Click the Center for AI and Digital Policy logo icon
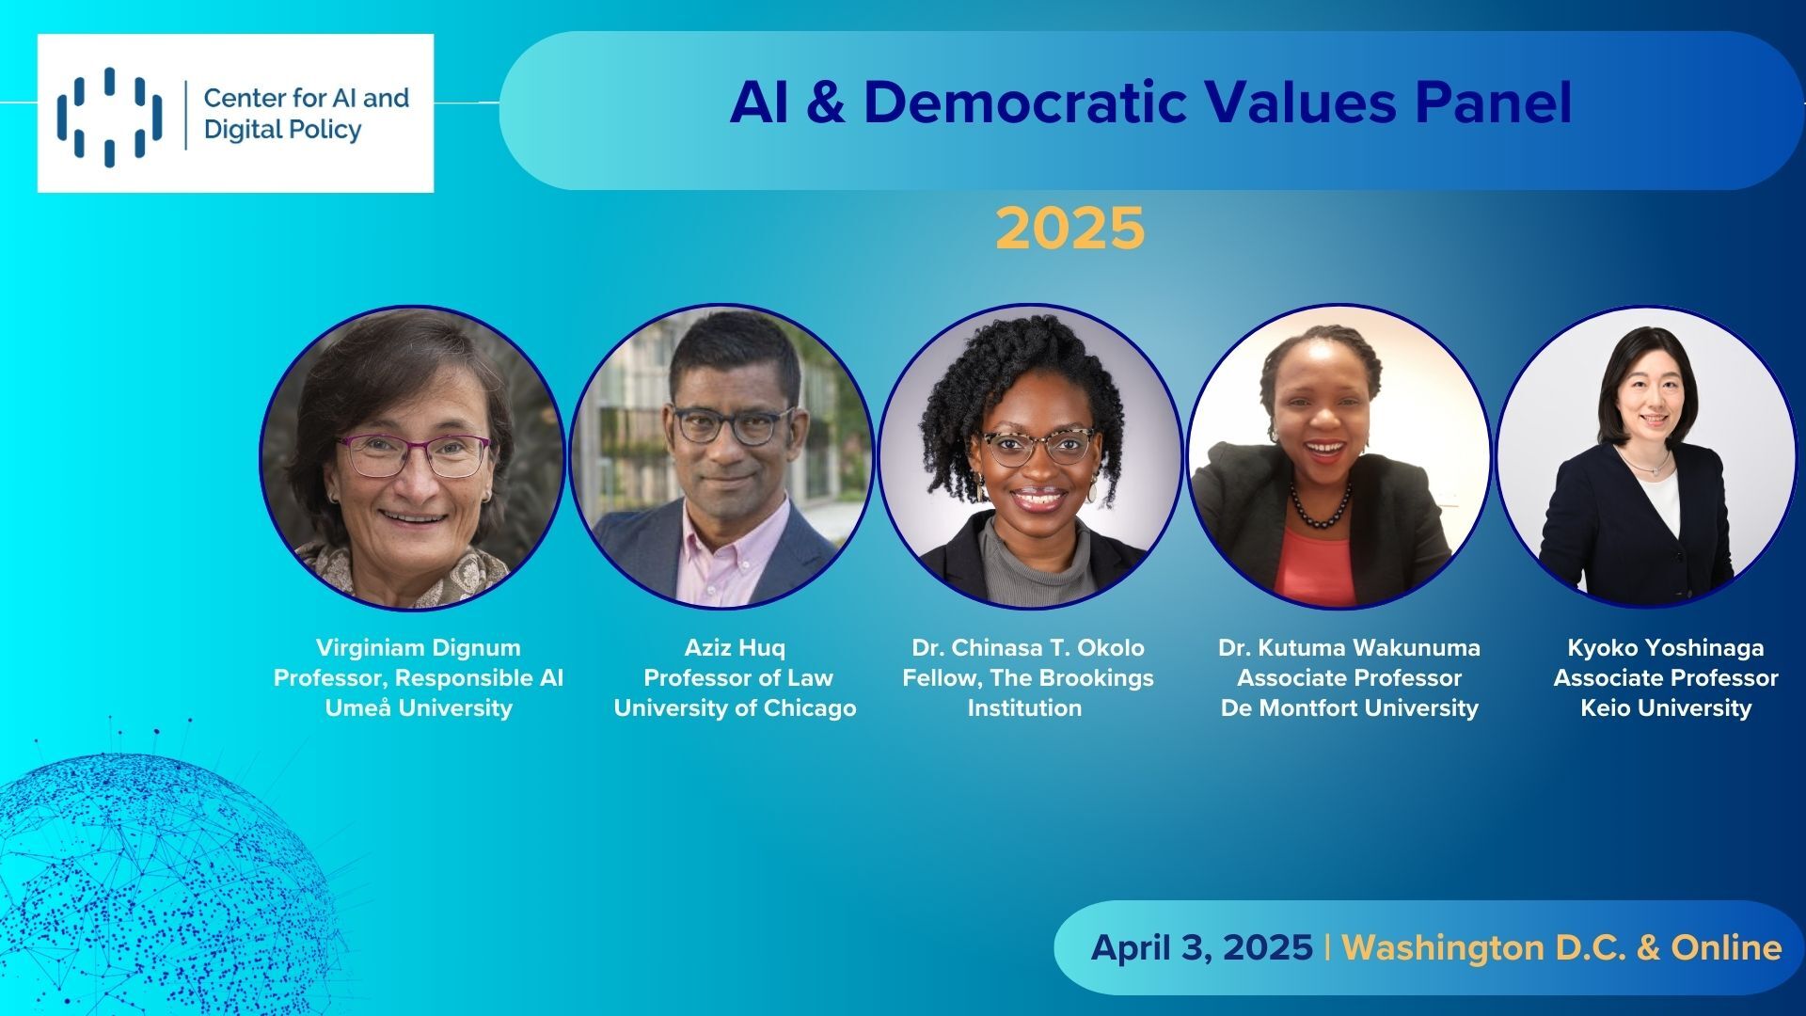point(109,116)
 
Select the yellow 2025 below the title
point(1070,229)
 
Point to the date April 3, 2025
point(1202,947)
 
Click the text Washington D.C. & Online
point(1561,947)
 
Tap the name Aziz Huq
point(735,647)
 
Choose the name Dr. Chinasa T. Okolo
point(1028,647)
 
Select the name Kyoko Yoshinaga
point(1666,647)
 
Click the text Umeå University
point(419,707)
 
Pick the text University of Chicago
point(736,708)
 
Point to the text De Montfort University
point(1350,707)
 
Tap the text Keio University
point(1666,707)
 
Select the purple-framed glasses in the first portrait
point(414,455)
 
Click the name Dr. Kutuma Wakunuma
point(1349,647)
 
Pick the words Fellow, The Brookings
point(1028,677)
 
